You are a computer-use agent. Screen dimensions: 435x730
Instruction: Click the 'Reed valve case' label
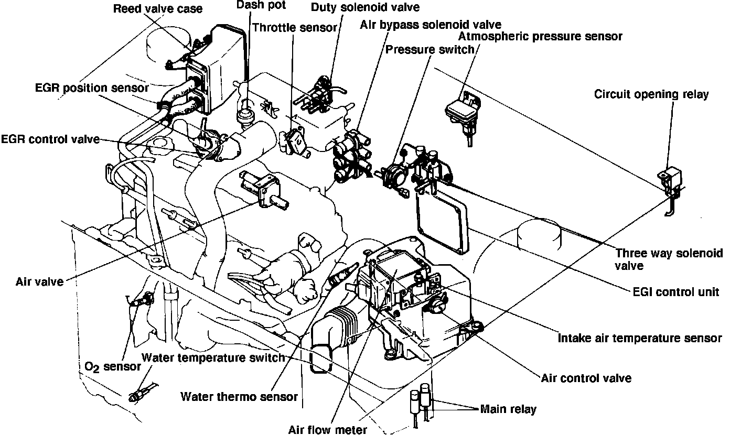tap(157, 9)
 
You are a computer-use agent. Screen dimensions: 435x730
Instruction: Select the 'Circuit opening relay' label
tap(651, 94)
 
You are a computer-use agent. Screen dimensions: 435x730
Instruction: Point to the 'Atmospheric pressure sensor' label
tap(540, 36)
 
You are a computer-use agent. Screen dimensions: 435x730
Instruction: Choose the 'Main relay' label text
tap(508, 408)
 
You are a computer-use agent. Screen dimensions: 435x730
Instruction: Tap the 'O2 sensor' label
tap(112, 366)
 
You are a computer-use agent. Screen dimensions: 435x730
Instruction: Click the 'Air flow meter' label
tap(327, 429)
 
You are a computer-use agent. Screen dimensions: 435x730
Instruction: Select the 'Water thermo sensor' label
tap(239, 396)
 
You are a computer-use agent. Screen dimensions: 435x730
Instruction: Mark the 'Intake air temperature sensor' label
tap(640, 338)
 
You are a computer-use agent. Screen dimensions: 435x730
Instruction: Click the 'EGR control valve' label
tap(50, 139)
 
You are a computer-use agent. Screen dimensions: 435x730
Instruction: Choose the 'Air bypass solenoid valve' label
tap(430, 24)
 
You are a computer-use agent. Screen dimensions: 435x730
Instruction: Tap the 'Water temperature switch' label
tap(213, 358)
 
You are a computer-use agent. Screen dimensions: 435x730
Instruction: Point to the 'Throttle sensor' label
tap(294, 27)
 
